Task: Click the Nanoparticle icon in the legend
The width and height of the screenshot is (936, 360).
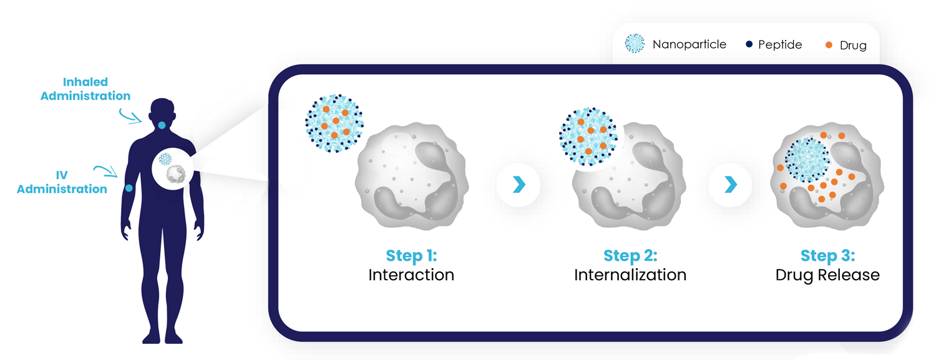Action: click(x=635, y=44)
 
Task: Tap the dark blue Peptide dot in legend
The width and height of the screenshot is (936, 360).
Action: click(x=749, y=44)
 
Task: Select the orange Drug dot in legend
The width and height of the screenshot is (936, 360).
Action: click(x=829, y=45)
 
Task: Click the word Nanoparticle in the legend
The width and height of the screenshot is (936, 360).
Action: click(x=690, y=44)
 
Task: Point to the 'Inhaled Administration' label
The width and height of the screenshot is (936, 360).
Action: click(x=85, y=89)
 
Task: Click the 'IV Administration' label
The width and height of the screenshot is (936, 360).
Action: click(x=62, y=182)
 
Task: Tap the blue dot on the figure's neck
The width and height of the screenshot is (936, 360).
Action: click(x=162, y=125)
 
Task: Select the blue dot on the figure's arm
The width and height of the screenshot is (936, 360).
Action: click(x=129, y=188)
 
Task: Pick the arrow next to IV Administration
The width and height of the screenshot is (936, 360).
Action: click(x=106, y=170)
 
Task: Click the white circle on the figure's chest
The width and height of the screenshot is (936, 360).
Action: click(x=173, y=169)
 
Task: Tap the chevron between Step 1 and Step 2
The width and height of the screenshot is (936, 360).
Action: click(x=519, y=185)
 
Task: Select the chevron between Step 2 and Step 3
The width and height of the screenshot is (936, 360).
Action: click(x=731, y=185)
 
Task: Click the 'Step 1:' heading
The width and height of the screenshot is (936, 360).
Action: click(x=411, y=256)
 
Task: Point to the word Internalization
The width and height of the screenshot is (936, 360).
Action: click(x=630, y=275)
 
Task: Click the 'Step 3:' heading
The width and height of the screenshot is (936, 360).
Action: click(x=828, y=256)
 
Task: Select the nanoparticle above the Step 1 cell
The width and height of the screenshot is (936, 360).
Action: click(x=334, y=123)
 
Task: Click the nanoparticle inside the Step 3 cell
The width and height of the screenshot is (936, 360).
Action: click(x=807, y=160)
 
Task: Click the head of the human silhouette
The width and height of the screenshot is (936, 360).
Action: click(x=162, y=112)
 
